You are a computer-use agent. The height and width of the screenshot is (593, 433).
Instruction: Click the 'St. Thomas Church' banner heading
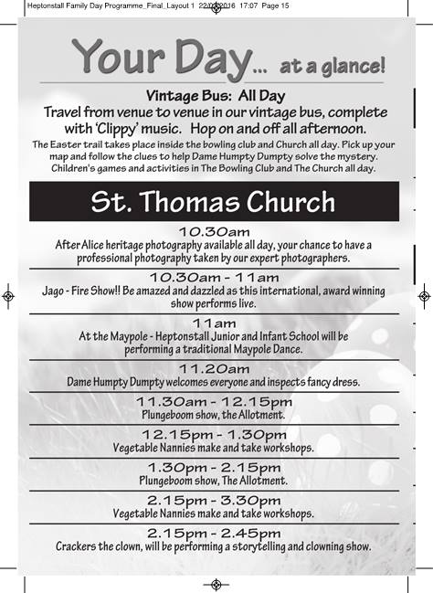tap(213, 201)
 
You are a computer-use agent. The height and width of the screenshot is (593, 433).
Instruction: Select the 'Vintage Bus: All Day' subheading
tap(216, 96)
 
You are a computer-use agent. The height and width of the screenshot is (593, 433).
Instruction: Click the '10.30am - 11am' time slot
tap(215, 277)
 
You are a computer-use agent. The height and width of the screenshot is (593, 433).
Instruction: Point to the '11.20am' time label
tap(215, 367)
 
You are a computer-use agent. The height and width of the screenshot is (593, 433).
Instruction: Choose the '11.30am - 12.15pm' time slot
tap(215, 401)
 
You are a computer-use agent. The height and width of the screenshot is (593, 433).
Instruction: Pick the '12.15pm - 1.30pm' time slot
tap(215, 434)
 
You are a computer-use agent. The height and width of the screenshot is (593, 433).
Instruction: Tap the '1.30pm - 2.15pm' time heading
tap(215, 466)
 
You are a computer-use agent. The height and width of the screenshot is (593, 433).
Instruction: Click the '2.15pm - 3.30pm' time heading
tap(215, 500)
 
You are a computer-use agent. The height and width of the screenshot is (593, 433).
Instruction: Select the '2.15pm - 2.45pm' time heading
tap(215, 533)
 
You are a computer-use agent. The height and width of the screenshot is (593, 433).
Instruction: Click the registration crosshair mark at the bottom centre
tap(216, 584)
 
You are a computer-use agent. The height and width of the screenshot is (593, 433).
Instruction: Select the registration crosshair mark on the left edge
tap(7, 296)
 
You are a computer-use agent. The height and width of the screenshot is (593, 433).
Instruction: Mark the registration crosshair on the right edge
tap(424, 296)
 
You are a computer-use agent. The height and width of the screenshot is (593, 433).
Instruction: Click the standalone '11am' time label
tap(215, 323)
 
